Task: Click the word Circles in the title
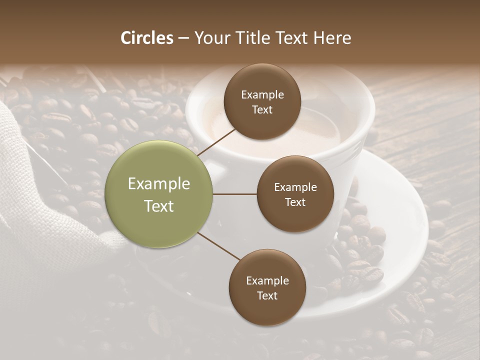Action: pos(147,37)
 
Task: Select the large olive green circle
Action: pos(159,194)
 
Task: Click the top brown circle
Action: pos(262,101)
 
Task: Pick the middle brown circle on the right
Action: pos(295,194)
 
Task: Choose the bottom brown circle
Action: pos(267,287)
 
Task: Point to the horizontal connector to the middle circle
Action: pos(235,194)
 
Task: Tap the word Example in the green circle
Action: pos(159,184)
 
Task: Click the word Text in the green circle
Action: pos(159,206)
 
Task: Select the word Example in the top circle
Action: pos(262,95)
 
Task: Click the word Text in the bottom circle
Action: pos(267,295)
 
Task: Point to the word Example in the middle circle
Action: pos(295,187)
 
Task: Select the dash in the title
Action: pos(183,38)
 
